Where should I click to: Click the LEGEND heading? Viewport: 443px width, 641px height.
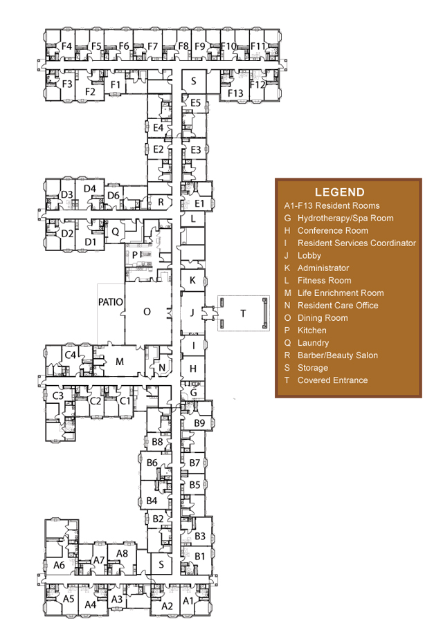(339, 192)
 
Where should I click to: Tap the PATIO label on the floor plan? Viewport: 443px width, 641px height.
(111, 302)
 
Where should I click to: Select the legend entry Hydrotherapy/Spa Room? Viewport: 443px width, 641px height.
(345, 219)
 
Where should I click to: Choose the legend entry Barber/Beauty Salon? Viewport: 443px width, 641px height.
(338, 355)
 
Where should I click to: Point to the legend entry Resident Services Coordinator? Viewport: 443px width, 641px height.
(356, 243)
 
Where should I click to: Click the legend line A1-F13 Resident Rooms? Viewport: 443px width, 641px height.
(332, 205)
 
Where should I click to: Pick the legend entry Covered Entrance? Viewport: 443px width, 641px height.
(332, 380)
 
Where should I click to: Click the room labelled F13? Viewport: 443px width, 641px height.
(235, 93)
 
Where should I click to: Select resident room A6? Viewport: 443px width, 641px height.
(60, 565)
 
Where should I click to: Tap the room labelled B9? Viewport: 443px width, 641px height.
(199, 422)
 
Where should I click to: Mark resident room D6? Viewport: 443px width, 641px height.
(114, 196)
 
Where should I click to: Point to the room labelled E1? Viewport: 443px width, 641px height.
(199, 203)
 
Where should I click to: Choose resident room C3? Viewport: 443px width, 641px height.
(58, 396)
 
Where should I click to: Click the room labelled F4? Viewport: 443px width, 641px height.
(66, 46)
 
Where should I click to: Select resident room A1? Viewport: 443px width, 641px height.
(188, 600)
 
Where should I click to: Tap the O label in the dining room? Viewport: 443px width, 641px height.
(147, 312)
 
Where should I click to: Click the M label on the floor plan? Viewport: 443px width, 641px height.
(120, 362)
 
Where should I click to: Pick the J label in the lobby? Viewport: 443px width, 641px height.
(192, 313)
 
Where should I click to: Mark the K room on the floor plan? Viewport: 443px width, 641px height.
(192, 281)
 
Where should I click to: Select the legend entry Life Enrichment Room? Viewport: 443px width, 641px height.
(341, 293)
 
